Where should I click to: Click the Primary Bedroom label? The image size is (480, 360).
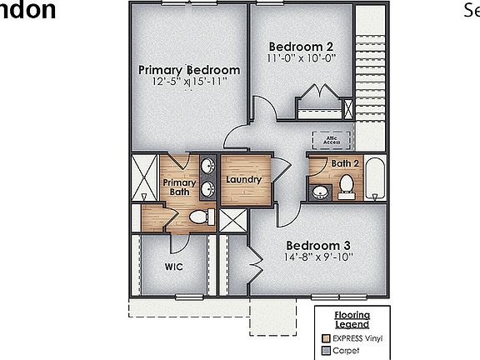189,70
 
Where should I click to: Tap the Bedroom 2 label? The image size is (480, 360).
302,47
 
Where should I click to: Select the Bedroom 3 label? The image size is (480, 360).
318,246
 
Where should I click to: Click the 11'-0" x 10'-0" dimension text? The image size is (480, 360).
302,59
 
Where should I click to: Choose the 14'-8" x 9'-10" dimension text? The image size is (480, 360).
318,258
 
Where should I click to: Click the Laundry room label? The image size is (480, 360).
244,179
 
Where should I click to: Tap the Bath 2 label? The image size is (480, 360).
346,163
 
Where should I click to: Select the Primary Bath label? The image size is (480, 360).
178,187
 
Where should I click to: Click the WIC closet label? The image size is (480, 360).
173,267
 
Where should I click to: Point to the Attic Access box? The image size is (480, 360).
327,140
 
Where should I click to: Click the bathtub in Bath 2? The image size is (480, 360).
376,178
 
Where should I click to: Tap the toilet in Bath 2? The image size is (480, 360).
347,189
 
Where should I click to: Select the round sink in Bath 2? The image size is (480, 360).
320,193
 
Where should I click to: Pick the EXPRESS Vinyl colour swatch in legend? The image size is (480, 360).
325,339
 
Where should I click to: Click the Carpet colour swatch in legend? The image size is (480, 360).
325,351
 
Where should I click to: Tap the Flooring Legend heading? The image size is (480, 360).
352,320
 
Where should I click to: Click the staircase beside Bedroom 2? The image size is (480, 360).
370,75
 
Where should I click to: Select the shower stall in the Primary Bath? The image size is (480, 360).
145,177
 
